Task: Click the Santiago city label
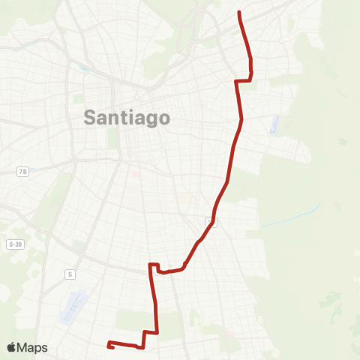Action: (x=127, y=117)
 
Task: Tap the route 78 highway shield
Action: (x=23, y=172)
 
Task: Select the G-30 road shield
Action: (x=14, y=244)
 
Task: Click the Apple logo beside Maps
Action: (x=11, y=347)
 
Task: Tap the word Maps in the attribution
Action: (x=33, y=347)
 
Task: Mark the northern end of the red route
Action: (x=238, y=13)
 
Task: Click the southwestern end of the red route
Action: (x=109, y=346)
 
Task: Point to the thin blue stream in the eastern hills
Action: (x=292, y=217)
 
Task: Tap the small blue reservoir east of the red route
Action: (x=273, y=125)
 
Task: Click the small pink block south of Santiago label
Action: (x=136, y=174)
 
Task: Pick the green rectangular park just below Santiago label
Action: (x=113, y=137)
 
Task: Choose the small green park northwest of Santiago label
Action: (x=78, y=98)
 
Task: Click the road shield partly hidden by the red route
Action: (x=211, y=222)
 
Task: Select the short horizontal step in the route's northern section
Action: (x=243, y=80)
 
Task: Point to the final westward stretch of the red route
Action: (x=124, y=345)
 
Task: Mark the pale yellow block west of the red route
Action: (x=184, y=198)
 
